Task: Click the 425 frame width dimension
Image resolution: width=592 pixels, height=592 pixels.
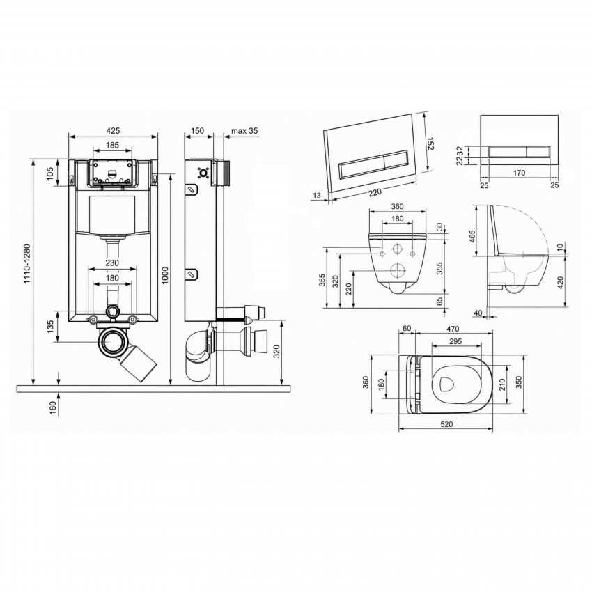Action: tap(113, 131)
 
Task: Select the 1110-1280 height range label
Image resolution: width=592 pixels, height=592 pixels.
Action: tap(26, 264)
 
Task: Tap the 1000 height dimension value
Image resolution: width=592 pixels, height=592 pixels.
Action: tap(165, 275)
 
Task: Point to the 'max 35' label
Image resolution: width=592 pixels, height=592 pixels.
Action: tap(244, 131)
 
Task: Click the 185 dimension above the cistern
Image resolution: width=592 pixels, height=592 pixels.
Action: tap(112, 145)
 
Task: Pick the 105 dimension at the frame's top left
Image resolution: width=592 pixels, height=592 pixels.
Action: tap(51, 173)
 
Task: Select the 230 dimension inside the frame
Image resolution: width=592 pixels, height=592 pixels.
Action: tap(112, 263)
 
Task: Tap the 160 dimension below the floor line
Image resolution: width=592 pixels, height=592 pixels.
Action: tap(52, 408)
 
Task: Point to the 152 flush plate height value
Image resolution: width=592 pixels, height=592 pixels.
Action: tap(430, 143)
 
